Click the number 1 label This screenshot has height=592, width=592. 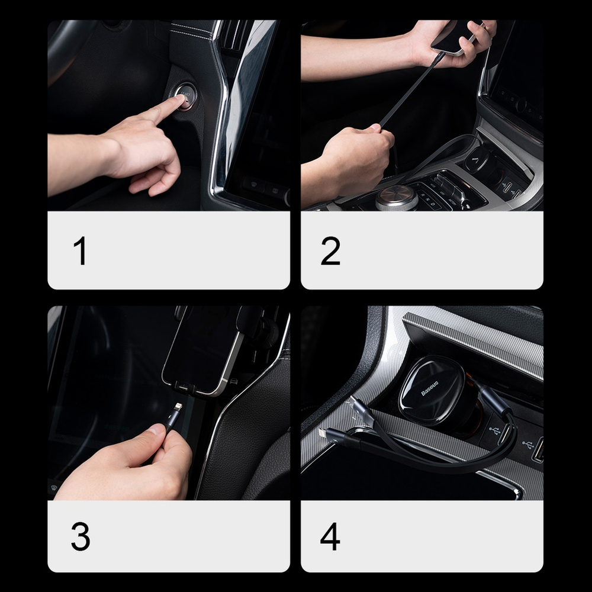tap(80, 251)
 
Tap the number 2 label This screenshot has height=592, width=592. tap(330, 251)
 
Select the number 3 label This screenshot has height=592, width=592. tap(80, 537)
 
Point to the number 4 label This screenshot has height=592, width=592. tap(330, 537)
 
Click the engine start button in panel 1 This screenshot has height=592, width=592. tap(185, 96)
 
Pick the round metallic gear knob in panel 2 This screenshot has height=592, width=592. tap(396, 197)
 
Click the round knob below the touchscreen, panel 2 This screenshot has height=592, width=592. tap(520, 105)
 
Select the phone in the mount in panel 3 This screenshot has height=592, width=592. tap(204, 349)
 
